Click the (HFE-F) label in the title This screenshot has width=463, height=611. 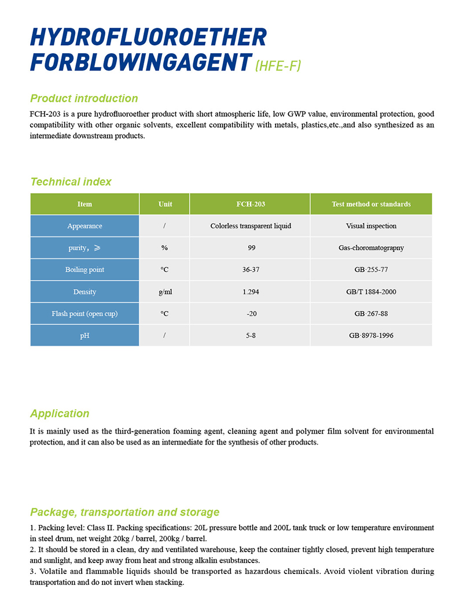278,66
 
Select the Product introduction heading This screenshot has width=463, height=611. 84,98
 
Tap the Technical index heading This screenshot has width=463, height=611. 71,182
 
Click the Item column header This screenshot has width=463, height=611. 84,204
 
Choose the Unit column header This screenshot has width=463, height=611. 165,204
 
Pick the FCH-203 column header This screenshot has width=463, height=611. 251,204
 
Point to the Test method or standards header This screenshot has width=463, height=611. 371,204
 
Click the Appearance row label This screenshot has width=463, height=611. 84,226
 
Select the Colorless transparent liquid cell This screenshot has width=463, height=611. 251,226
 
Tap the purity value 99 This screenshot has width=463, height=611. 251,248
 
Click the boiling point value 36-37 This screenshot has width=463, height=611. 251,270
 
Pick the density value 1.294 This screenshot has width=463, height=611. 251,292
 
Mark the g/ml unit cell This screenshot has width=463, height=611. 165,292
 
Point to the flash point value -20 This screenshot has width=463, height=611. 251,314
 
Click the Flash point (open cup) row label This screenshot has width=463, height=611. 84,314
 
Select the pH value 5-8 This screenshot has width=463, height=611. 251,335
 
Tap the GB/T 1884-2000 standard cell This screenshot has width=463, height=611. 371,292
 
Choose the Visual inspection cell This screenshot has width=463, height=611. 371,226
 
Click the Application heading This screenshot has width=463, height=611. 60,413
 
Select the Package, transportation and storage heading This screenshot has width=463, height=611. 124,512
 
